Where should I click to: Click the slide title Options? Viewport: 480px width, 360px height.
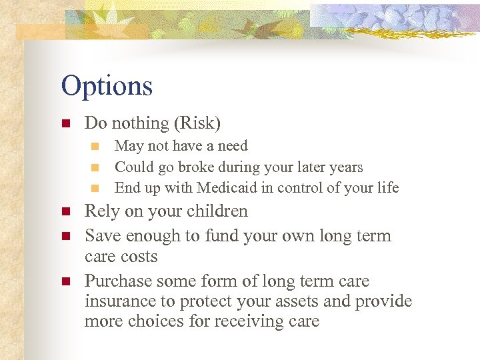(107, 86)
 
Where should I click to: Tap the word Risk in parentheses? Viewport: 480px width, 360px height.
(197, 123)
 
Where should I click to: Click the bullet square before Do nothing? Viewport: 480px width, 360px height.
(65, 124)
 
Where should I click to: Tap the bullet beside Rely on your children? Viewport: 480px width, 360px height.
(65, 212)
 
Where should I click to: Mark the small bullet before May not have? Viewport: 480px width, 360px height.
(95, 146)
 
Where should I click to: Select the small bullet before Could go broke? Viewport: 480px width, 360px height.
(95, 167)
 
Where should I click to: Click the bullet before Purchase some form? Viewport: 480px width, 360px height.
(65, 282)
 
